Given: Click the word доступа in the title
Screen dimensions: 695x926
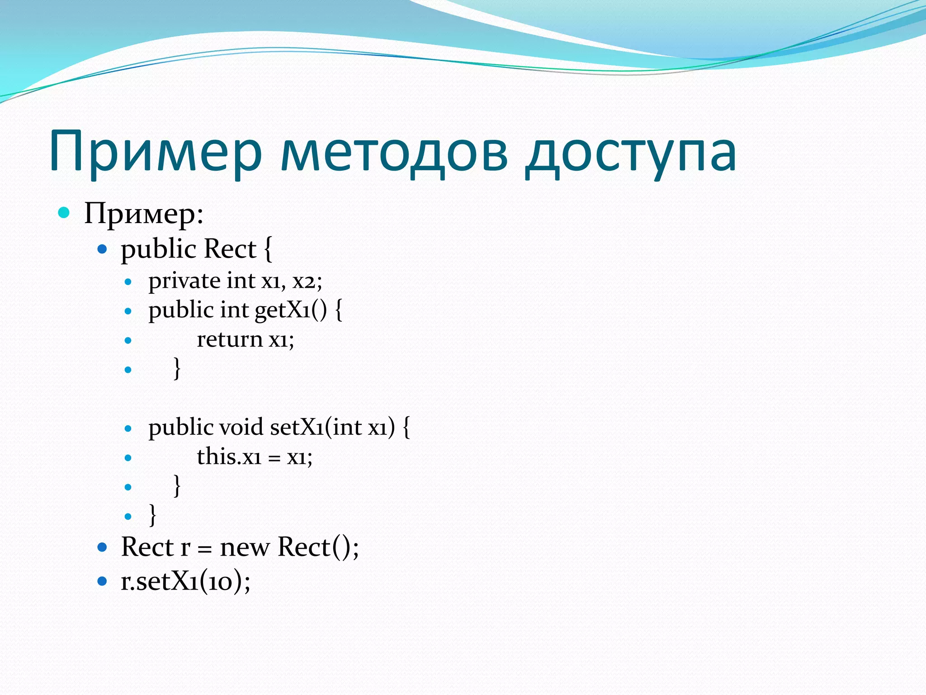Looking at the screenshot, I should tap(631, 152).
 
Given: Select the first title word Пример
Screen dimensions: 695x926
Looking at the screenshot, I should tap(156, 152).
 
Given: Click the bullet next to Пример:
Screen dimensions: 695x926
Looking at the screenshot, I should tap(64, 212).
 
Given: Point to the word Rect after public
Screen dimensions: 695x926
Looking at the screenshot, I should tap(230, 249).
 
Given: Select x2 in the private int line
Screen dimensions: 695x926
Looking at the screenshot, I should tap(304, 281).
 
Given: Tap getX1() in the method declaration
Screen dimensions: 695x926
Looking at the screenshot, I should tap(290, 310).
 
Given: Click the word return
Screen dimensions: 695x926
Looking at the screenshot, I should tap(230, 339).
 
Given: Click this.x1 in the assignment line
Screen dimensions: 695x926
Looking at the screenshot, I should tap(229, 457).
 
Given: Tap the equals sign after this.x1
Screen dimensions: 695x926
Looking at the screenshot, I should tap(274, 458).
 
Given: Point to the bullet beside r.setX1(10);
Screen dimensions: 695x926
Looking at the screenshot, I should tap(102, 581).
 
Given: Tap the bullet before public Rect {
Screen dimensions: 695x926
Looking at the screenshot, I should tap(102, 249).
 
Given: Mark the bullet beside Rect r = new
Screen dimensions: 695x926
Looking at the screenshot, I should tap(102, 547).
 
